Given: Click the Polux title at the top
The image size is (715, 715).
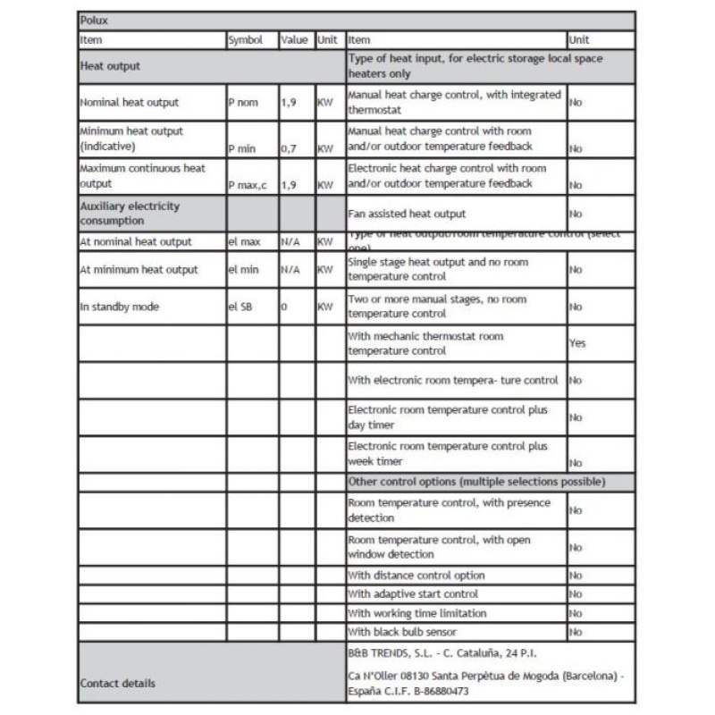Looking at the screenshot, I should pos(94,20).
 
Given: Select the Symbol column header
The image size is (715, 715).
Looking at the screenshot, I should pos(245,40).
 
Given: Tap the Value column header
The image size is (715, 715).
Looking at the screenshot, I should pos(294,40).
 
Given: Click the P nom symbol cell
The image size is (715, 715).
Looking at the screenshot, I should pos(243,103).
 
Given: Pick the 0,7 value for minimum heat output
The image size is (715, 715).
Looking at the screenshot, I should pos(289,149).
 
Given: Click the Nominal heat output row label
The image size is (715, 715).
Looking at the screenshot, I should pos(129,103).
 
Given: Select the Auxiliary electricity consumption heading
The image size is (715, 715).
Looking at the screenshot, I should pos(130,213).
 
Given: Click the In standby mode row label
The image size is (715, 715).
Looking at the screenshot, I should pos(120,307).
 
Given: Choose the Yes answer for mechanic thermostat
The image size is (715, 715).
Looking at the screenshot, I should pos(577,343).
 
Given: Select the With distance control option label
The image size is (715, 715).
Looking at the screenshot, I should pos(416,576).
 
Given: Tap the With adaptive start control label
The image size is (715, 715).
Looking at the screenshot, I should pos(413,594).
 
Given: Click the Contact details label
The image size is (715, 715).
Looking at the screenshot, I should pos(117,684).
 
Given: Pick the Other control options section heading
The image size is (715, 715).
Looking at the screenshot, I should pos(476,482).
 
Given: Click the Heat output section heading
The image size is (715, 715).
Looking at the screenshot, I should pos(110,66).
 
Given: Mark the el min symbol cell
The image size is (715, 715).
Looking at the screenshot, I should pos(242,269).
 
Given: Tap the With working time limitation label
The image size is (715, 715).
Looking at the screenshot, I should pos(417,613).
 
